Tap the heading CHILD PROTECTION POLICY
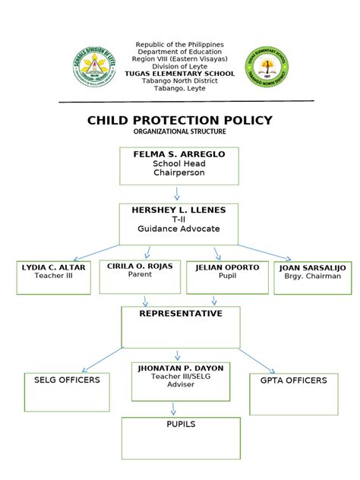coord(180,121)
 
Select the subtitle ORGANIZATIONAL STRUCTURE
coord(180,132)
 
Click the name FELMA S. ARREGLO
coord(179,154)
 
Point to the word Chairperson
coord(179,173)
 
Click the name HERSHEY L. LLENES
coord(178,209)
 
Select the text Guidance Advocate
coord(178,228)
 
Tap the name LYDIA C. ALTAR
coord(54,267)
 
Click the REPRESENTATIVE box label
coord(181,313)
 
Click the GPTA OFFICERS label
coord(294,380)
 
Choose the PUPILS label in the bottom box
coord(181,424)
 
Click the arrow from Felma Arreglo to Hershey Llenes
coord(178,194)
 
